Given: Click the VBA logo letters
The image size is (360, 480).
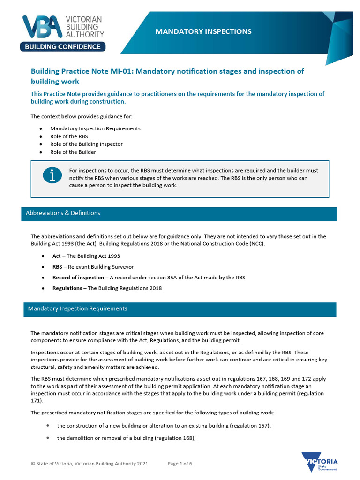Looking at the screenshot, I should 44,27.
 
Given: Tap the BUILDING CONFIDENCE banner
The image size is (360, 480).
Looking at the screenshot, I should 63,46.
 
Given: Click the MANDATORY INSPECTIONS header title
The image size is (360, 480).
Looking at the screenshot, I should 203,31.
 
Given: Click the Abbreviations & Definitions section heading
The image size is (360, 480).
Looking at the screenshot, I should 63,213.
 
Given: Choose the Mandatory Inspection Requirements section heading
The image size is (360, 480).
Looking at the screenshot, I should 77,308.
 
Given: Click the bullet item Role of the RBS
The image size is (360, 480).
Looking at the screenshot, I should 69,136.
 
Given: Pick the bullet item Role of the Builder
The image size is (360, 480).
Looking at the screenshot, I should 73,152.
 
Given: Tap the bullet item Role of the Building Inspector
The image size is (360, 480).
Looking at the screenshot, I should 86,144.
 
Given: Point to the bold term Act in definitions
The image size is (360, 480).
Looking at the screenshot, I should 57,256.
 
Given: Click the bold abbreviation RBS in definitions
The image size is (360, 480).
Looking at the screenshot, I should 57,267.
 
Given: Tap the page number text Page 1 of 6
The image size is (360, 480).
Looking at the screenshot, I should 180,464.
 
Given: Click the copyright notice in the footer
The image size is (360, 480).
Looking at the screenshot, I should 90,464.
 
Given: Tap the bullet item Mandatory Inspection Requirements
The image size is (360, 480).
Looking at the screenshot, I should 95,128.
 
